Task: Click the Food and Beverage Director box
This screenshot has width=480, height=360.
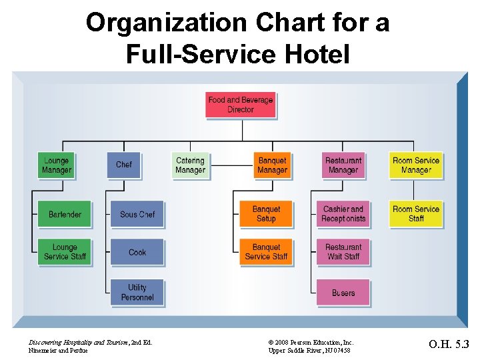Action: tap(240, 105)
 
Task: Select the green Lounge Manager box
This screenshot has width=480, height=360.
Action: tap(56, 165)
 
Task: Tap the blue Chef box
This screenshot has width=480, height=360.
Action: tap(124, 165)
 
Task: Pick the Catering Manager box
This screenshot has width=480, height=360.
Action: tap(190, 165)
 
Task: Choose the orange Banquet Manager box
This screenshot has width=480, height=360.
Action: tap(272, 165)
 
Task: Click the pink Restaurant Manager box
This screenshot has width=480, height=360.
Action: tap(343, 165)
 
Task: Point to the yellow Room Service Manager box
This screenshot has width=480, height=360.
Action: tap(415, 165)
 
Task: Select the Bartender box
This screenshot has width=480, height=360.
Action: tap(65, 214)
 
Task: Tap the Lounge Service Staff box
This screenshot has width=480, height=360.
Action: tap(65, 252)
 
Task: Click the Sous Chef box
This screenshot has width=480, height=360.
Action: tap(137, 214)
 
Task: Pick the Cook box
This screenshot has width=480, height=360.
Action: tap(137, 252)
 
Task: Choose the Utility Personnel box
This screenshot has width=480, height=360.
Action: tap(137, 292)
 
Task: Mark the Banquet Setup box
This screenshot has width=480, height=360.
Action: tap(266, 214)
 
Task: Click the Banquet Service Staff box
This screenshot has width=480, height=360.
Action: tap(266, 252)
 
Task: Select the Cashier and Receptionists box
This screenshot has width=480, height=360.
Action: tap(343, 214)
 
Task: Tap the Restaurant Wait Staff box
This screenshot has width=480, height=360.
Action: tap(343, 252)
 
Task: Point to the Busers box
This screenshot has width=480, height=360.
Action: tap(343, 292)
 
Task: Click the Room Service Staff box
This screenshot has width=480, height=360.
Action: tap(415, 214)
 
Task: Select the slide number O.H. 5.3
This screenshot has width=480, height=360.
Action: tap(449, 345)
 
